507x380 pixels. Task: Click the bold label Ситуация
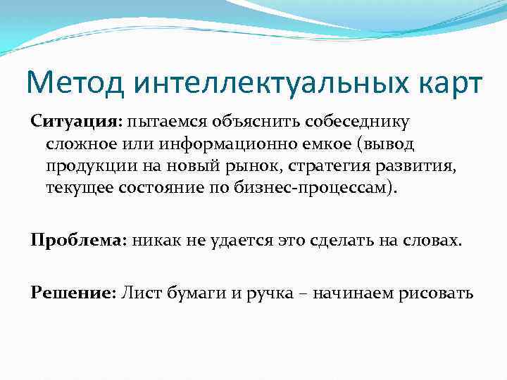[x=75, y=122]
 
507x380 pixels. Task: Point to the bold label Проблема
[x=76, y=240]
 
